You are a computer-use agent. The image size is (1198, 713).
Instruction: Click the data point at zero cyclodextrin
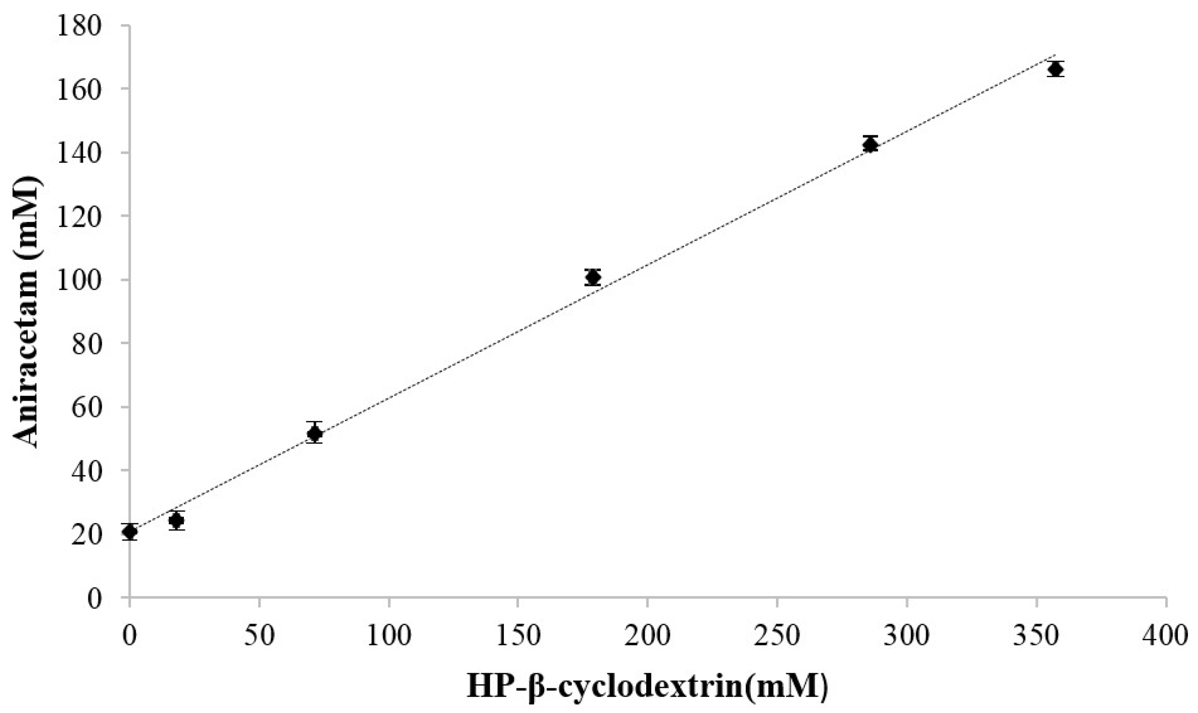coord(130,532)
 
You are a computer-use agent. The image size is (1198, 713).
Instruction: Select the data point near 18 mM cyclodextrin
coord(176,520)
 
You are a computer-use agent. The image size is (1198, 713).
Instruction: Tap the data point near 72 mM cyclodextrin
coord(315,433)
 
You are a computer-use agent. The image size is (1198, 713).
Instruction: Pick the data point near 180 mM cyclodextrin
coord(593,277)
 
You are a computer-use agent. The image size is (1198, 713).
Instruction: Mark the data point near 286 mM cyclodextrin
coord(870,145)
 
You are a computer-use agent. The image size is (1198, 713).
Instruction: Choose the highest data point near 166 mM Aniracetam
coord(1056,69)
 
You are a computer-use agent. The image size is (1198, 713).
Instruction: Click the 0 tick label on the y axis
coord(94,599)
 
